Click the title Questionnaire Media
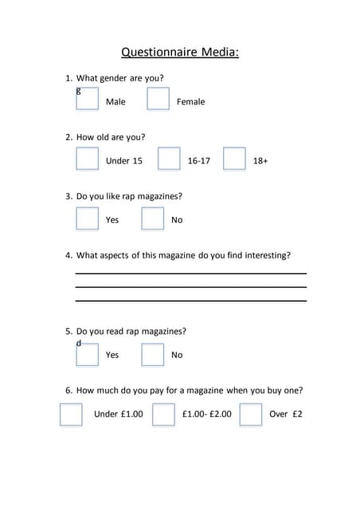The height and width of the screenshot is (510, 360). [x=180, y=53]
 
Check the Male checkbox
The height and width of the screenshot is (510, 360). [x=88, y=100]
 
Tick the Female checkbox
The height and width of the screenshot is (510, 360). [x=158, y=100]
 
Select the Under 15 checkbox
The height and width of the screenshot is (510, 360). [x=88, y=159]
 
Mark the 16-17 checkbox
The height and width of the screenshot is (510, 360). [x=169, y=159]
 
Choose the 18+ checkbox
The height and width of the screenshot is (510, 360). [x=234, y=159]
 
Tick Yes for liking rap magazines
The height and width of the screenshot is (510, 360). [x=88, y=218]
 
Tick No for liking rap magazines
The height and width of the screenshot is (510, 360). [x=153, y=218]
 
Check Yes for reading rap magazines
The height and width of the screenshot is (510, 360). [x=88, y=354]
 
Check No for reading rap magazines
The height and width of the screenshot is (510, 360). [x=153, y=354]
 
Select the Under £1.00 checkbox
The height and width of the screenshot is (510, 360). [x=71, y=414]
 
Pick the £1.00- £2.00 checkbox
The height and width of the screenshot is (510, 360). [x=163, y=414]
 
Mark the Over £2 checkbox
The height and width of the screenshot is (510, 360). [x=251, y=414]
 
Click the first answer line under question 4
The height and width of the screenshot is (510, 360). [x=190, y=273]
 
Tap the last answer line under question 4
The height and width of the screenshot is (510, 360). [x=190, y=300]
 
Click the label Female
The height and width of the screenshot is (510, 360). [x=190, y=102]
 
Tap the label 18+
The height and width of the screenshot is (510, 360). [x=260, y=161]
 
